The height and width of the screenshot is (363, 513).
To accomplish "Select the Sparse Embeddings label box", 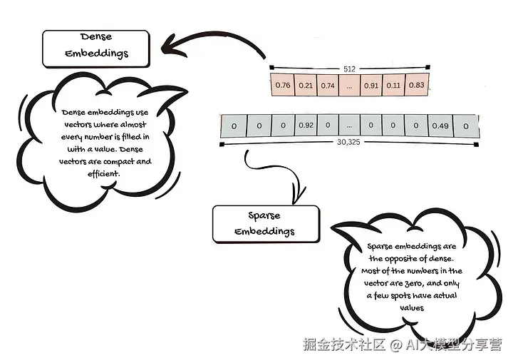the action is [265, 224].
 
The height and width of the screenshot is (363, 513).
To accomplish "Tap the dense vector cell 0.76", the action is [282, 86].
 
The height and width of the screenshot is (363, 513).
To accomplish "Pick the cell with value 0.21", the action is [306, 86].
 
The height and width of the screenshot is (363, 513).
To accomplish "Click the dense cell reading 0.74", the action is [328, 86].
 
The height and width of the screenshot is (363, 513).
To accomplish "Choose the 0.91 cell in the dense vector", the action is [370, 86].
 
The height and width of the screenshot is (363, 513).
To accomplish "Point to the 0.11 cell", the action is [393, 86].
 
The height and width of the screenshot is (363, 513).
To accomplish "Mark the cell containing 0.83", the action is [416, 86].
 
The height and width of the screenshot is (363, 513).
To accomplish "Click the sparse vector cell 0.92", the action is [306, 126].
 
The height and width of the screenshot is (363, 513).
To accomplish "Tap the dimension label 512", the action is [349, 69].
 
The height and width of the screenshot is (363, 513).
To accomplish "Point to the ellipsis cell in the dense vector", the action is [349, 86].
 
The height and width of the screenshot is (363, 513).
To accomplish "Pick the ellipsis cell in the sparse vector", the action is [348, 126].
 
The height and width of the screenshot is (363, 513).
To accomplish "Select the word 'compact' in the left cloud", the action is [119, 162].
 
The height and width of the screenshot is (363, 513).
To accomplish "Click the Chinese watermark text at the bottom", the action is [402, 344].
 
